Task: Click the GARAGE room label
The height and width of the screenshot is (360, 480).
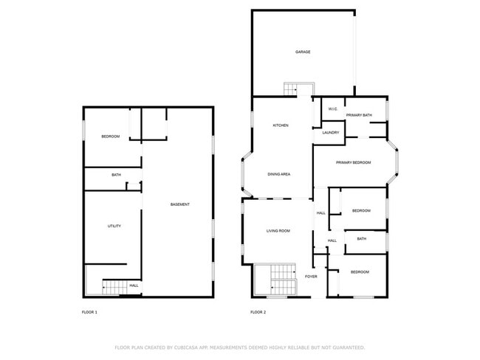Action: coord(303,52)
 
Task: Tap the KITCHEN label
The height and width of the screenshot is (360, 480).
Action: coord(281,125)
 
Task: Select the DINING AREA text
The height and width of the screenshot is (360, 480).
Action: coord(279,174)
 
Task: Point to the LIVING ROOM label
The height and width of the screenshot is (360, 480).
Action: coord(278,231)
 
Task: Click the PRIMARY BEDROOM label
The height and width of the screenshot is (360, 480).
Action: coord(353,163)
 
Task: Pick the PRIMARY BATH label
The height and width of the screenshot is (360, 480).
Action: coord(359,115)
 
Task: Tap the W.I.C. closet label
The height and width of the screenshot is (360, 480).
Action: coord(333,109)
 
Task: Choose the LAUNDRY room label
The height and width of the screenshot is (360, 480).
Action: coord(331,133)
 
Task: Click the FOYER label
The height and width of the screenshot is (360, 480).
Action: coord(311,277)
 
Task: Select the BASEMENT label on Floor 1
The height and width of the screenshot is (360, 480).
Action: coord(180,204)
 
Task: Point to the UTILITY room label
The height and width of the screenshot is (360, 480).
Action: coord(114,226)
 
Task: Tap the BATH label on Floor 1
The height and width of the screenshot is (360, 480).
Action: coord(116,175)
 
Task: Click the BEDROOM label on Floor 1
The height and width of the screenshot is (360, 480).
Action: coord(111,136)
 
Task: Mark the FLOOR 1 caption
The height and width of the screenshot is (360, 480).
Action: coord(89,312)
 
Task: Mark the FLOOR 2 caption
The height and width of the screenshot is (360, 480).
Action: coord(258,312)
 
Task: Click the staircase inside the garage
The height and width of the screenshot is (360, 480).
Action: coord(290,89)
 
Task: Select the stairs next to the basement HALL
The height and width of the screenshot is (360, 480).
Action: coord(114,287)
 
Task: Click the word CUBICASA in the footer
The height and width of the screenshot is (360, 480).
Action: coord(186,347)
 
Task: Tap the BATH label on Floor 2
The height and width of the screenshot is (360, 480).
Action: coord(362,239)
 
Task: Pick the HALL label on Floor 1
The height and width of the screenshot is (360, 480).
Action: coord(134,285)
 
